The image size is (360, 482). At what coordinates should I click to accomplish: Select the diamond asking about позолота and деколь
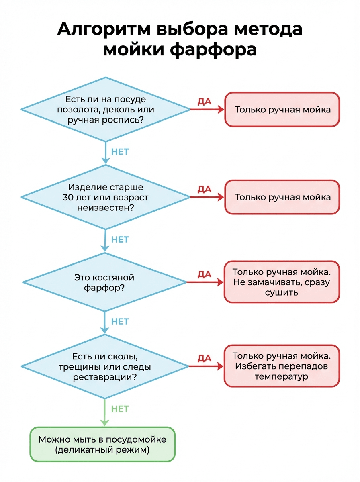(x=105, y=109)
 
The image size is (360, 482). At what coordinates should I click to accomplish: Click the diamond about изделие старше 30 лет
(x=105, y=197)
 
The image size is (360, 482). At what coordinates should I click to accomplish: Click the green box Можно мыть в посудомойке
(x=102, y=444)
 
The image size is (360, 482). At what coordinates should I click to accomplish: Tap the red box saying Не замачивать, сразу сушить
(x=281, y=282)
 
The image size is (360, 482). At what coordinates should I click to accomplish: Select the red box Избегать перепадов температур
(x=281, y=366)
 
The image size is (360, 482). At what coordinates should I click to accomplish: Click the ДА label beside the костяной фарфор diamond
(x=204, y=274)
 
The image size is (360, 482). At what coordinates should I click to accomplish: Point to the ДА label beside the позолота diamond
(x=204, y=102)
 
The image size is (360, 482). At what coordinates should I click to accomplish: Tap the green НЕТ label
(x=120, y=409)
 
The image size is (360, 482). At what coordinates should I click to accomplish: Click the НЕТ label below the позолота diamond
(x=120, y=152)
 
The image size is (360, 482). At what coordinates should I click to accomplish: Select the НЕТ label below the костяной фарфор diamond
(x=120, y=321)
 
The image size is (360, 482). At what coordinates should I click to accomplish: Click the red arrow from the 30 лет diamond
(x=207, y=197)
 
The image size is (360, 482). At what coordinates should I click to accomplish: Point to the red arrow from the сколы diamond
(x=206, y=366)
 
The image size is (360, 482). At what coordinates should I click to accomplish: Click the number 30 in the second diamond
(x=68, y=198)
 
